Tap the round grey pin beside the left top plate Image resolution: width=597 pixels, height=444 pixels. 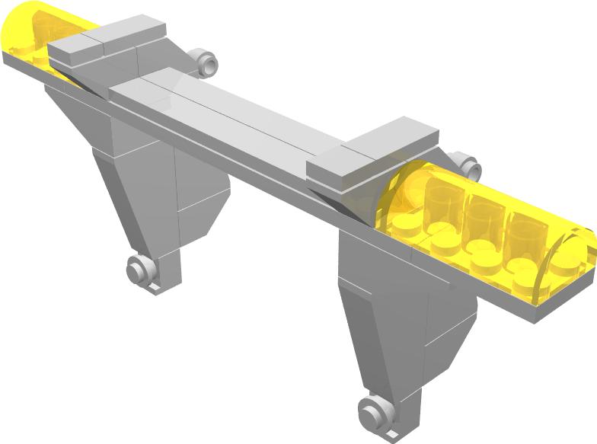click(203, 62)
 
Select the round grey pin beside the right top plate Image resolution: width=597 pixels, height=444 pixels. click(468, 166)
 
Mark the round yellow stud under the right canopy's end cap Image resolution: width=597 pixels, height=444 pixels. click(565, 267)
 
